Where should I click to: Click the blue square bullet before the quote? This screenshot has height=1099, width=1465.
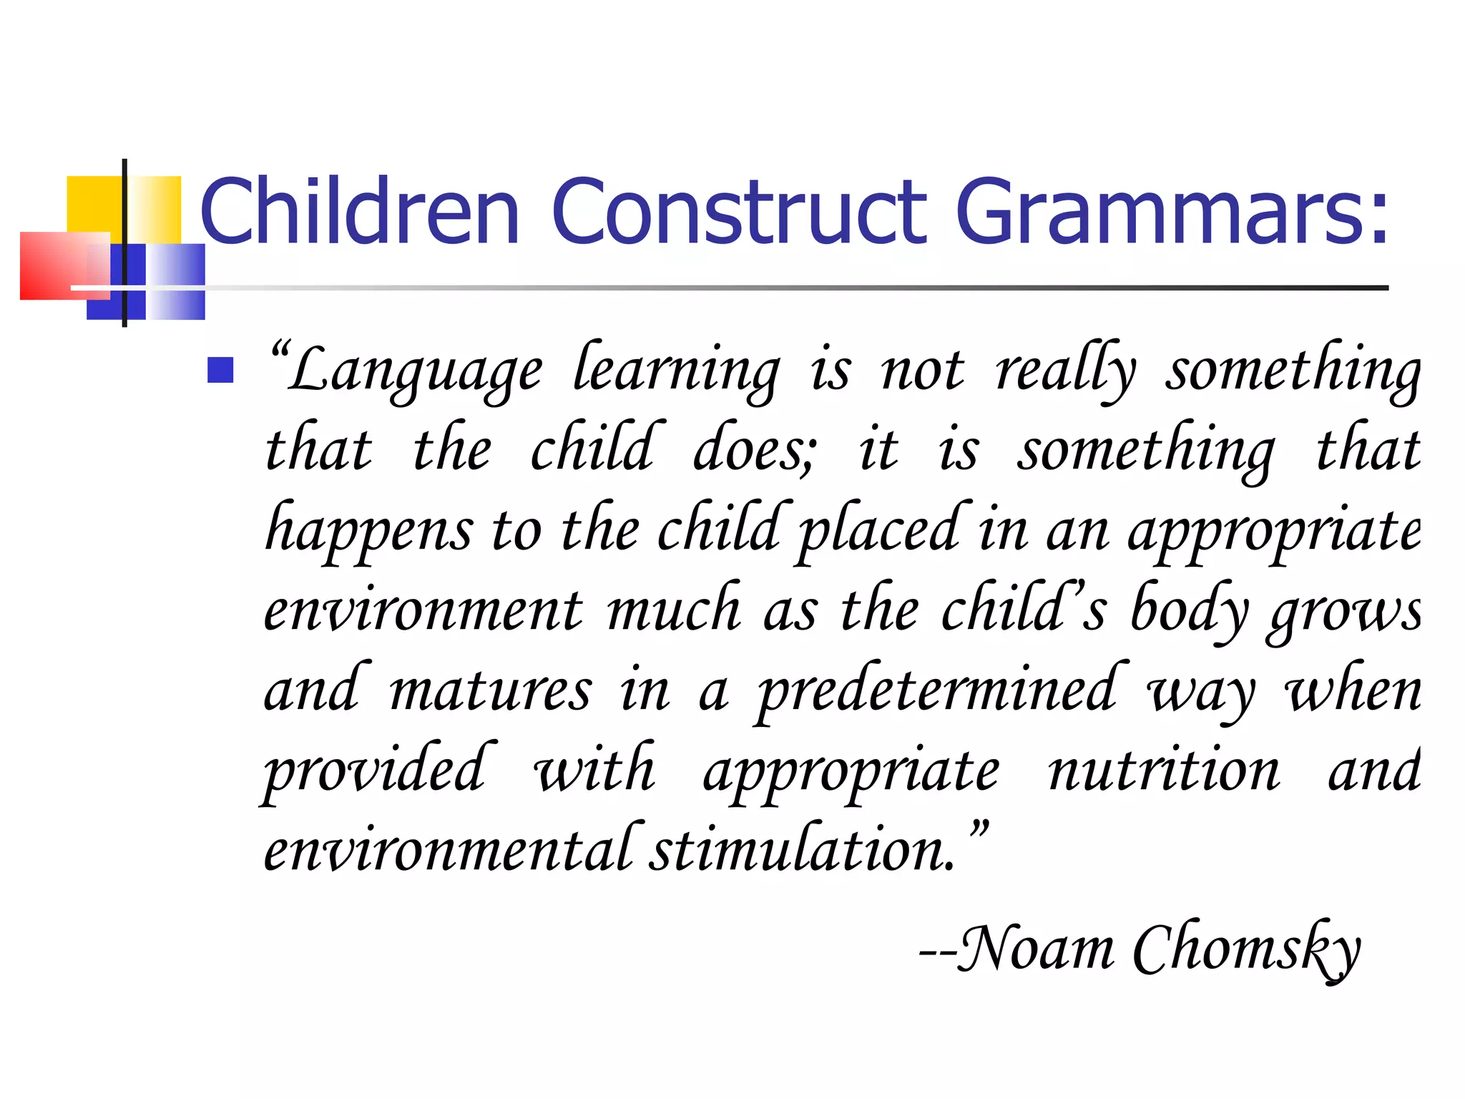point(220,370)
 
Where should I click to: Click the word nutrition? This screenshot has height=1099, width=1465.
point(1165,771)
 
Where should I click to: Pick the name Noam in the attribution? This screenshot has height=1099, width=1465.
point(1035,949)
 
